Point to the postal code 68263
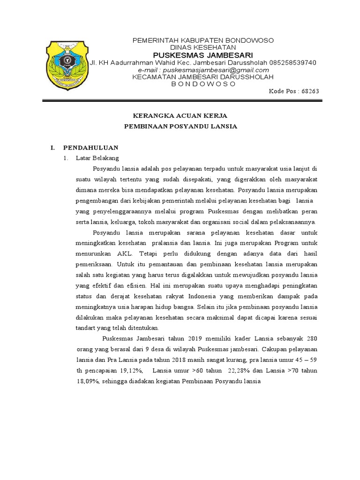[310, 91]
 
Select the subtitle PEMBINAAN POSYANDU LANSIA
[180, 127]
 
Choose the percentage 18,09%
[87, 381]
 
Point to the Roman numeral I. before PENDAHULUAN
[53, 147]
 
